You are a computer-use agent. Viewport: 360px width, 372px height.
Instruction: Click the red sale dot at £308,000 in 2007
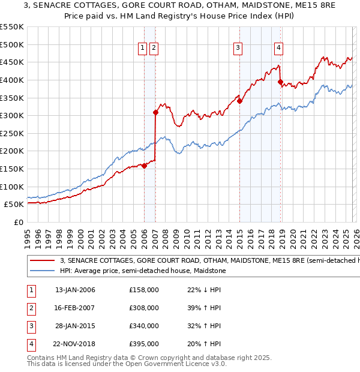coord(155,112)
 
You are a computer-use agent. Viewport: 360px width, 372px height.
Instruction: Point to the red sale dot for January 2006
coord(144,166)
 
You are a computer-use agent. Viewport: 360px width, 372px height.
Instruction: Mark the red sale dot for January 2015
coord(239,101)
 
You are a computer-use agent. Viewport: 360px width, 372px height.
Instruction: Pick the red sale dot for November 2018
coord(280,82)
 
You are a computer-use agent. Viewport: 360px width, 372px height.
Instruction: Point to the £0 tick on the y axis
coord(19,222)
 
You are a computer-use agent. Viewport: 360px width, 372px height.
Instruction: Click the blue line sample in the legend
coord(42,271)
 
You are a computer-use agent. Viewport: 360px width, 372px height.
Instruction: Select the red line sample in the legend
coord(42,261)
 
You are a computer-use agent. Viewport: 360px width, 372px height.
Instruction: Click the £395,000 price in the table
coord(144,344)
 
